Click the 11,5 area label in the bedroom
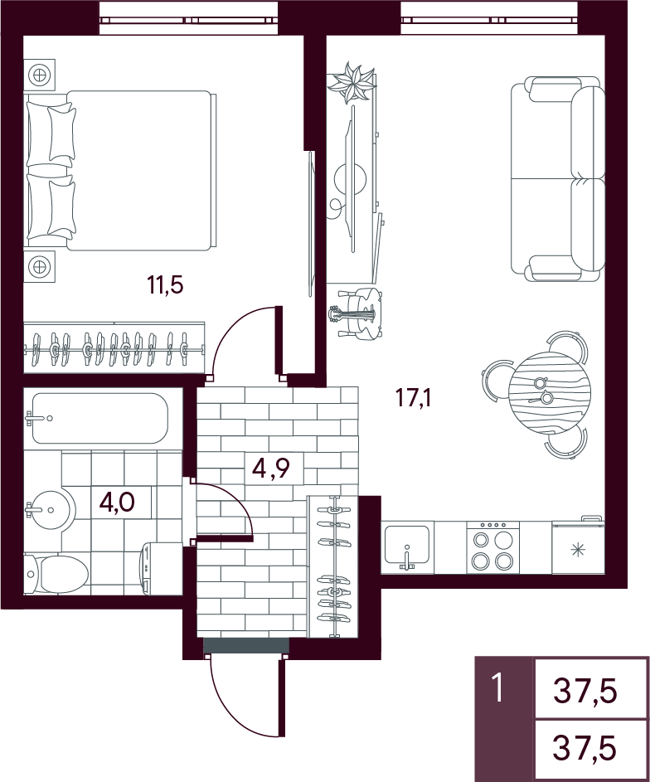coord(166,285)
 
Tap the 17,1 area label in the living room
coord(413,399)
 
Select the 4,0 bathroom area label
coord(118,502)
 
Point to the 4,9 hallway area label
coord(271,469)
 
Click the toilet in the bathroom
coord(56,574)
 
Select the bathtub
coord(99,418)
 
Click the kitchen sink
coord(407,547)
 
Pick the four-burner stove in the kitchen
coord(493,547)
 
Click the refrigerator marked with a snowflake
coord(578,546)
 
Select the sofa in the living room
coord(558,178)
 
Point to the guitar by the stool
coord(352,314)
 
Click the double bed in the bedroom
coord(120,171)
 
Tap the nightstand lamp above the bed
coord(40,75)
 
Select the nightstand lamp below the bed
coord(40,266)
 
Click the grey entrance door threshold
coord(246,644)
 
